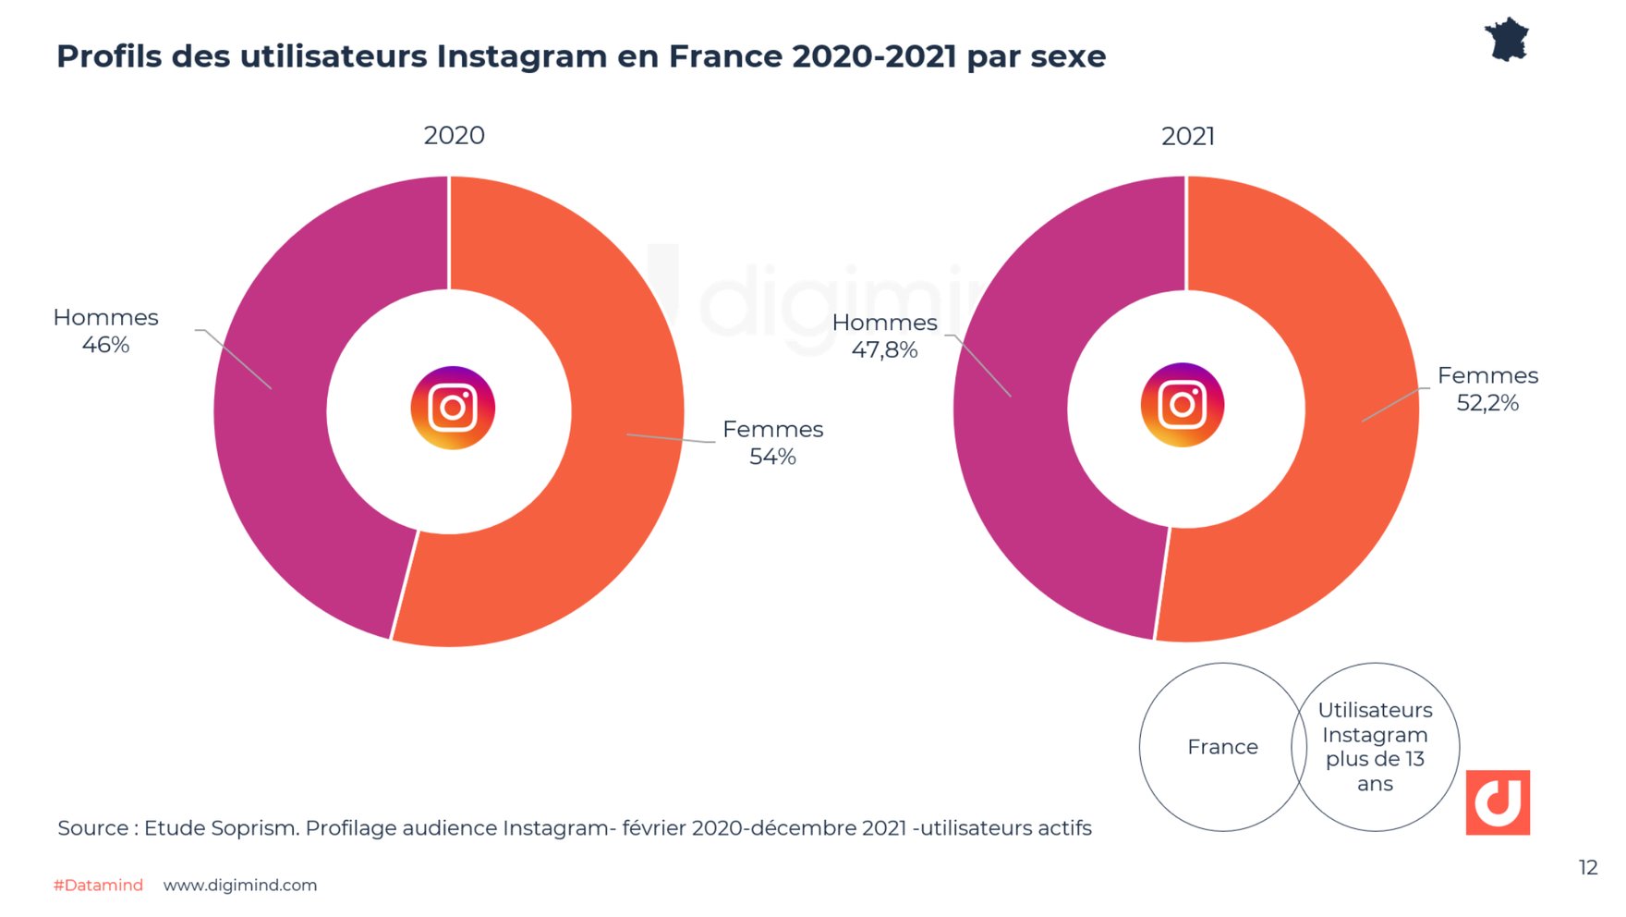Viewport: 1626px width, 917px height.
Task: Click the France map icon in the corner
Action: (1507, 40)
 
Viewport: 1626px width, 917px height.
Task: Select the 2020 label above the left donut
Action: (454, 136)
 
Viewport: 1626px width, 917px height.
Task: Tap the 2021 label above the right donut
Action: (1187, 137)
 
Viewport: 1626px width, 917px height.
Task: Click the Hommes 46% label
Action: (105, 331)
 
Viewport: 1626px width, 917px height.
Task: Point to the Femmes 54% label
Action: (772, 443)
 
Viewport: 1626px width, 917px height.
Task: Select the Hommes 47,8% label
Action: (884, 336)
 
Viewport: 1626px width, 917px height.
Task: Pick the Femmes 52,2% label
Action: (1487, 389)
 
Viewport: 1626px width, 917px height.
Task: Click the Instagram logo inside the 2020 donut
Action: (453, 408)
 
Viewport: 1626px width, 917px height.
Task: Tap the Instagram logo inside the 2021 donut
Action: (1183, 405)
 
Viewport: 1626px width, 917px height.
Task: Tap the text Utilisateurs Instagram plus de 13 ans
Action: (1375, 747)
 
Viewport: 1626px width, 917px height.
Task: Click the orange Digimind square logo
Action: (1497, 802)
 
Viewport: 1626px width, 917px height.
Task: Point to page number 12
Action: (1587, 867)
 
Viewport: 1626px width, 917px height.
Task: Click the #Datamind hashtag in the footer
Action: (98, 885)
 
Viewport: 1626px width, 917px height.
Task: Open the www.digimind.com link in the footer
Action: (240, 885)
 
